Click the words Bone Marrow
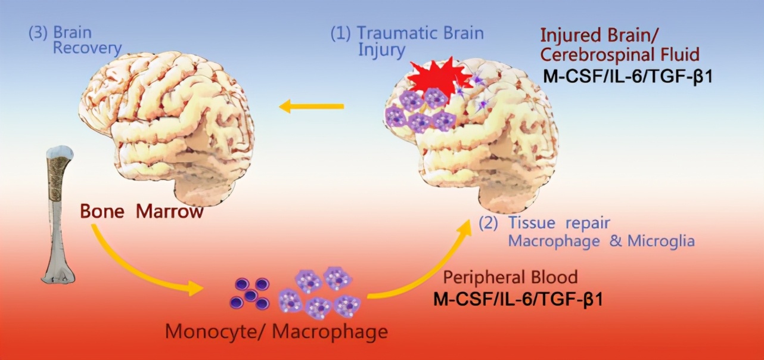pyautogui.click(x=142, y=212)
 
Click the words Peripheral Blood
pyautogui.click(x=511, y=277)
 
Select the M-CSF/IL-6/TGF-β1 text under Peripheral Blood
pyautogui.click(x=518, y=299)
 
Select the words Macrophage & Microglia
pyautogui.click(x=601, y=241)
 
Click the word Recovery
pyautogui.click(x=87, y=48)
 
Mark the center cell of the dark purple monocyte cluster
pyautogui.click(x=250, y=295)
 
